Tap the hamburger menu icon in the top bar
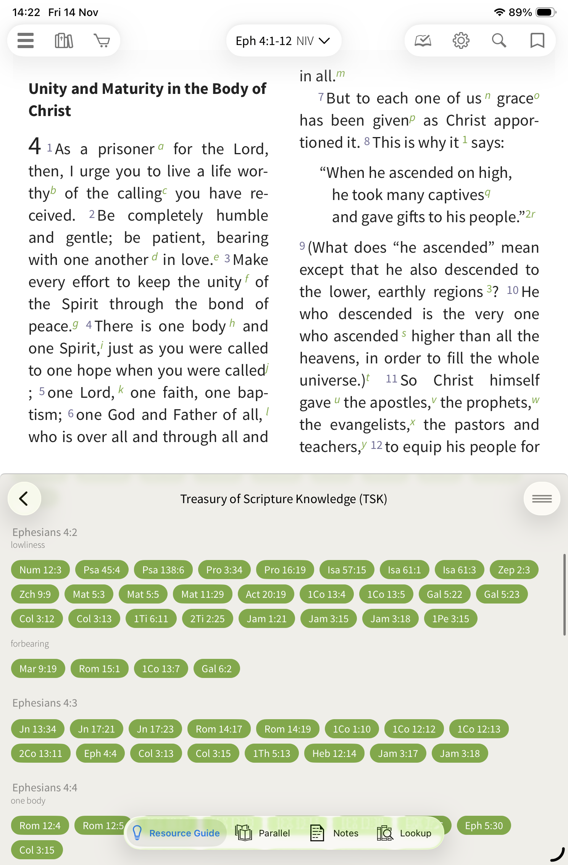[26, 40]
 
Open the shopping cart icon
[102, 40]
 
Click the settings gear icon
[461, 40]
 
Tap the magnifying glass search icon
[499, 40]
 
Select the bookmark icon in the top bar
[537, 40]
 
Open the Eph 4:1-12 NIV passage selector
[283, 41]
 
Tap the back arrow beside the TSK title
[24, 499]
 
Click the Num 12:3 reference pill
[40, 570]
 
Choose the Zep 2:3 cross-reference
[514, 570]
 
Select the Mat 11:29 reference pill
[202, 594]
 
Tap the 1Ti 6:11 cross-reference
[151, 619]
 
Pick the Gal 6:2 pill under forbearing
[216, 669]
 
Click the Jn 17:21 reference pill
[97, 729]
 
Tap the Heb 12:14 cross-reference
[334, 754]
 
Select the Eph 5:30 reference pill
[484, 826]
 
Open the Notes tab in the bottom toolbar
[335, 833]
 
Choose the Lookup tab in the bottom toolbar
[404, 833]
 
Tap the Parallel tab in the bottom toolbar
[263, 833]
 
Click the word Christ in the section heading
[50, 111]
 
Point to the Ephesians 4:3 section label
[45, 703]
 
